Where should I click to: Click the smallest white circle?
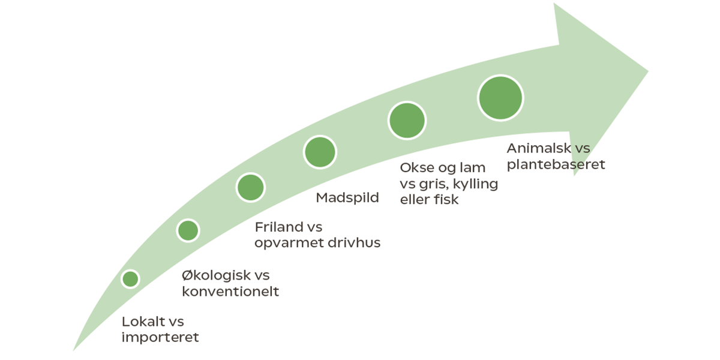(x=130, y=279)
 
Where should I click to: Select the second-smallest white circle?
(x=188, y=230)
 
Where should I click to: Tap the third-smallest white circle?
(x=250, y=187)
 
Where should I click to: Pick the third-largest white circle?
(x=320, y=152)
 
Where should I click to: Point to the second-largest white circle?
(x=407, y=121)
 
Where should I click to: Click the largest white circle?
(x=500, y=98)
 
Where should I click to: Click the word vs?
(x=583, y=148)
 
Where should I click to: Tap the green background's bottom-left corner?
(x=73, y=352)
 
